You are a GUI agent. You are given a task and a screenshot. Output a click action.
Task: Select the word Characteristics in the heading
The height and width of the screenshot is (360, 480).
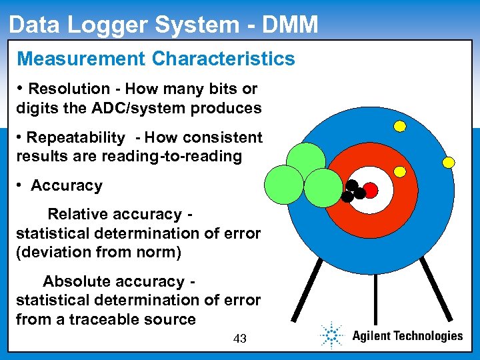click(223, 59)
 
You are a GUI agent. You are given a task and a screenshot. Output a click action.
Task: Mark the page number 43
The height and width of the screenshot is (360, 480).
click(240, 339)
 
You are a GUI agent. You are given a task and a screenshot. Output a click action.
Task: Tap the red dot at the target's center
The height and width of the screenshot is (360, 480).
click(371, 191)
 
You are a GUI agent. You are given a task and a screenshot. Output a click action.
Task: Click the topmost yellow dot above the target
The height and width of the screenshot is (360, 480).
click(400, 125)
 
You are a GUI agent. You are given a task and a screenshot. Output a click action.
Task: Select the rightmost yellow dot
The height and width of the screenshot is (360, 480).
click(449, 162)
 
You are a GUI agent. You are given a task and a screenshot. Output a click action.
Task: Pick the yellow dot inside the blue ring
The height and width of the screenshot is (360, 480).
click(400, 171)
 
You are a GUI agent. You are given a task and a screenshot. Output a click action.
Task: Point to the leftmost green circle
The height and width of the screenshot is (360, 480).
click(284, 184)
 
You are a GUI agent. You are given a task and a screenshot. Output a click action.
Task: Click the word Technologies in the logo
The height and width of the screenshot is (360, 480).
click(428, 336)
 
